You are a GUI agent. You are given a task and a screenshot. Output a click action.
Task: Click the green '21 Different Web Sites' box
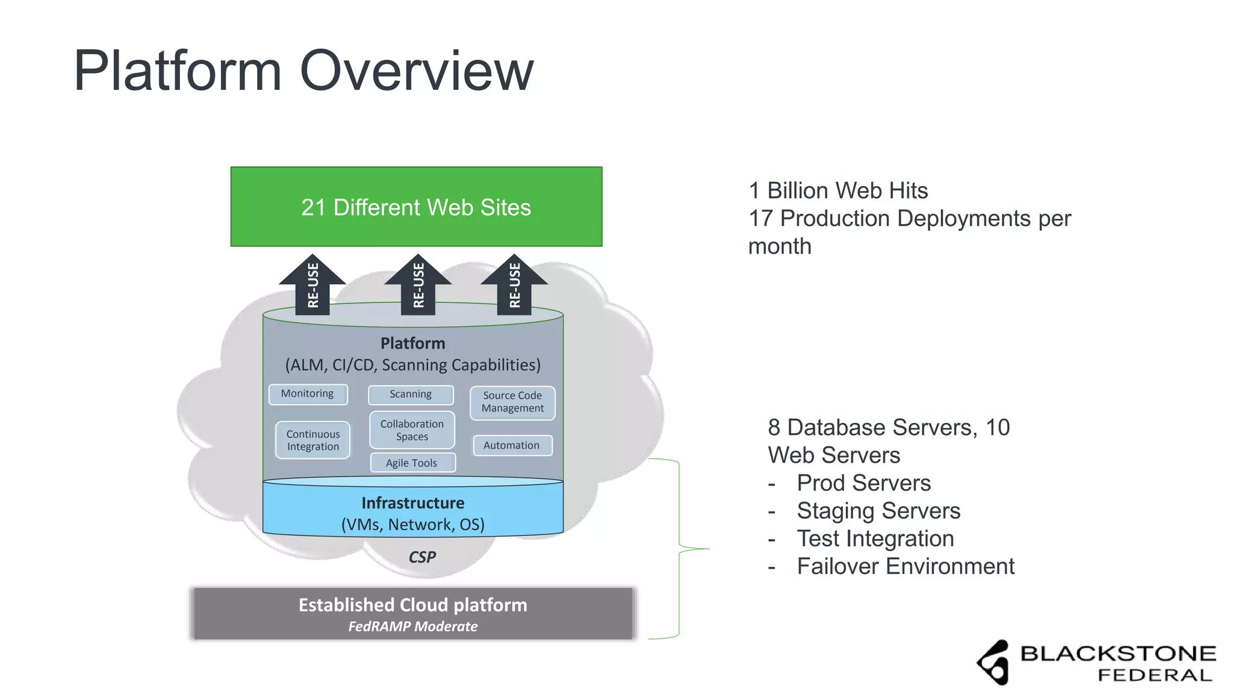coord(416,207)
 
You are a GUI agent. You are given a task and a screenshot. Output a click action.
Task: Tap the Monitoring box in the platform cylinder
coord(308,394)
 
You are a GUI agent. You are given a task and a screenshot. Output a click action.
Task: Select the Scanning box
coord(411,395)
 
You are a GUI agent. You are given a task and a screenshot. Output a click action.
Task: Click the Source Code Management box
coord(512,402)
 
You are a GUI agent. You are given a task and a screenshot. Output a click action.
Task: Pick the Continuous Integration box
coord(312,440)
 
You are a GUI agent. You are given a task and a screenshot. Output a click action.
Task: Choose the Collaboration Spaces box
coord(412,430)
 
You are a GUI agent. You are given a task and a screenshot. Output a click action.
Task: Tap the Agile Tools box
coord(412,463)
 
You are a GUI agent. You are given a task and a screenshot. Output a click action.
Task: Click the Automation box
coord(512,445)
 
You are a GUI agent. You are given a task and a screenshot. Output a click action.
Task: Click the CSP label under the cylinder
coord(422,557)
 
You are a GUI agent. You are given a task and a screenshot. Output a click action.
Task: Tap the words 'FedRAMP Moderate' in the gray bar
coord(413,627)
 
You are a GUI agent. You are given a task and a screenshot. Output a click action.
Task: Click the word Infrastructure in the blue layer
coord(413,503)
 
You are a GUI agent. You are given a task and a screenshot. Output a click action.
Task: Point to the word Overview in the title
coord(417,71)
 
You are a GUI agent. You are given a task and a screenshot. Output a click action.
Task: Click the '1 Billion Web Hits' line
coord(838,191)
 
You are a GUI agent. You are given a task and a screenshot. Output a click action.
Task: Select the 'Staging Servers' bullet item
coord(878,511)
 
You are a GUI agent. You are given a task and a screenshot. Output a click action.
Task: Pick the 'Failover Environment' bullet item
coord(905,566)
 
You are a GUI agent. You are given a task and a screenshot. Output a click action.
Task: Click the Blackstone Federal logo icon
coord(993,662)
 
